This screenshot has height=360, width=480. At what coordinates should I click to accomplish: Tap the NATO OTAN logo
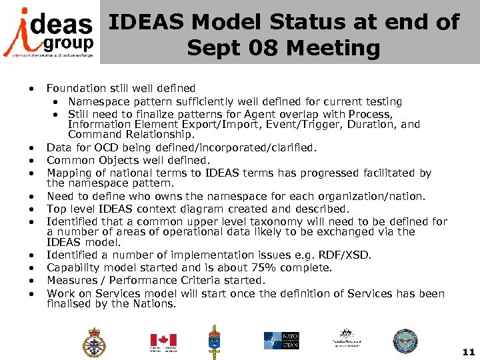(x=281, y=341)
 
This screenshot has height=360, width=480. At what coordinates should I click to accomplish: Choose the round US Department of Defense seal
(x=405, y=341)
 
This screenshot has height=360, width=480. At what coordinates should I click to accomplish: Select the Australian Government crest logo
(x=345, y=339)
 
